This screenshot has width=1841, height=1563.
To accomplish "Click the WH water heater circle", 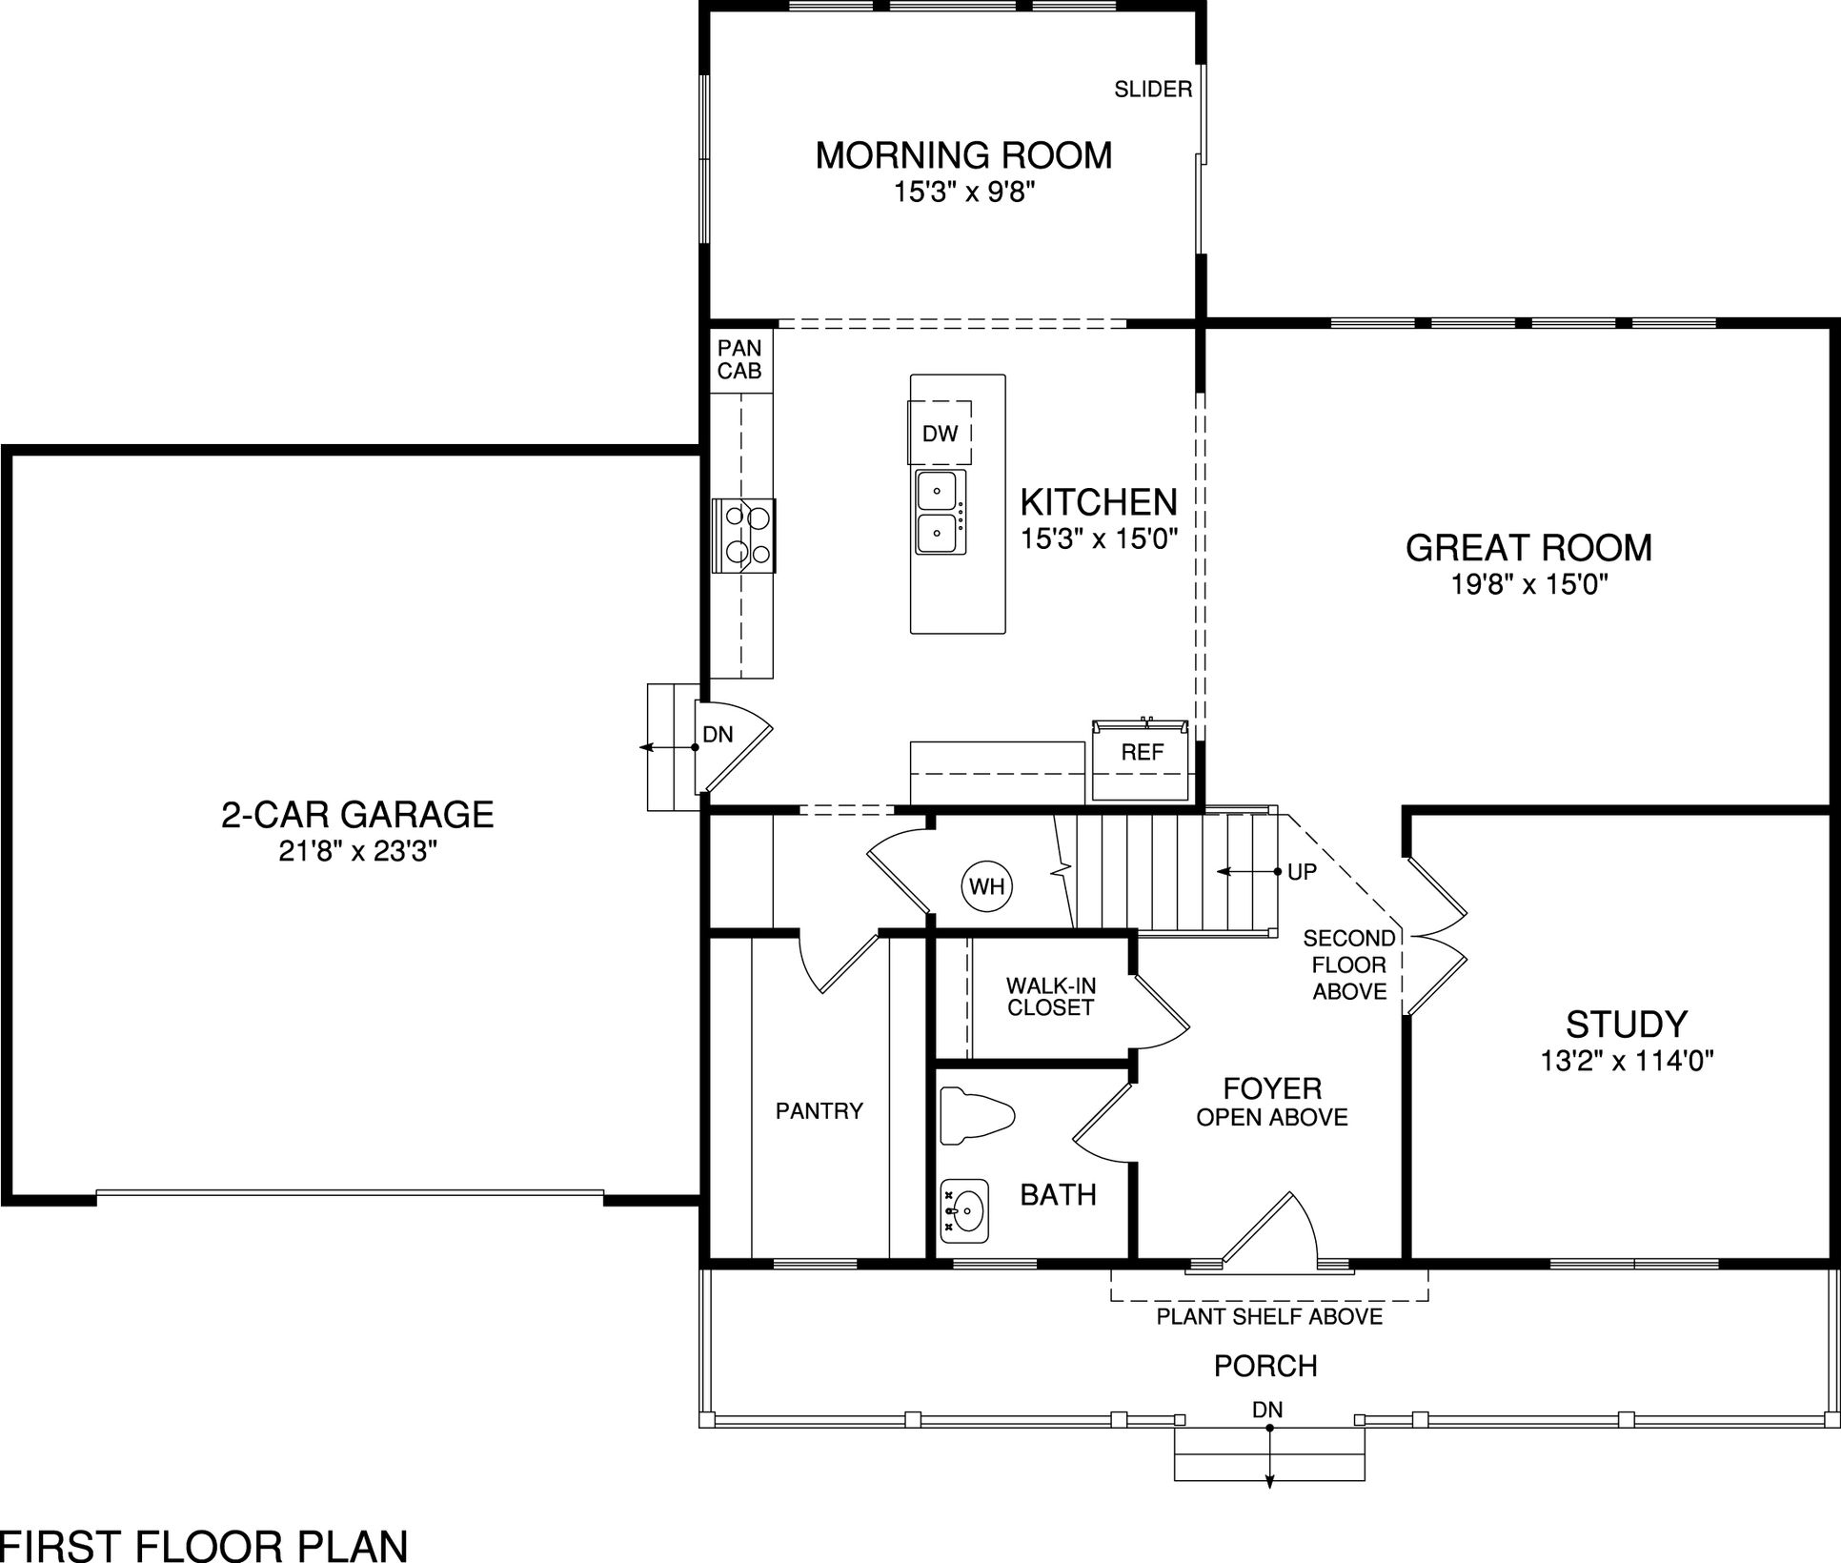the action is click(987, 886).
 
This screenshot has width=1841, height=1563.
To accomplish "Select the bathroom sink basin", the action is click(964, 1210).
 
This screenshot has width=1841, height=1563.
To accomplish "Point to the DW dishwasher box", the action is click(940, 434).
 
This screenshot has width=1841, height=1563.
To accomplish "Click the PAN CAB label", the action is click(739, 359).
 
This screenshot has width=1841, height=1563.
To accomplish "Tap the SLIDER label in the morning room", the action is click(1153, 90).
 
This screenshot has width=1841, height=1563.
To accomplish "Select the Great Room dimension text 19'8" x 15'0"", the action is click(1529, 584).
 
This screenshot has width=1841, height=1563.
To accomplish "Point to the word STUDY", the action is click(1627, 1025).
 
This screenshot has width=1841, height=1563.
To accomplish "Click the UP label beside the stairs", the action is click(1302, 872).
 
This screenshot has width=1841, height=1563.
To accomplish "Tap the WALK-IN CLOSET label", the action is click(1050, 996).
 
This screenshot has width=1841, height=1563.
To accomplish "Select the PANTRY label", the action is click(819, 1110).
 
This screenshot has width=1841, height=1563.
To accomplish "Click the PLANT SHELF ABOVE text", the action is click(1269, 1317).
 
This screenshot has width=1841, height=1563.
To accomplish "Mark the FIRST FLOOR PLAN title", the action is click(204, 1544).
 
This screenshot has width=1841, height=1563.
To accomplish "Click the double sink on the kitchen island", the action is click(940, 512).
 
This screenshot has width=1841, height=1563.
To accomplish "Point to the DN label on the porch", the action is click(1267, 1410).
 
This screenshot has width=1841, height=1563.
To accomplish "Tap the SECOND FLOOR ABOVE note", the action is click(1349, 964).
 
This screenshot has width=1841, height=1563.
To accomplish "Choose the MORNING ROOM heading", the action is click(963, 155).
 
